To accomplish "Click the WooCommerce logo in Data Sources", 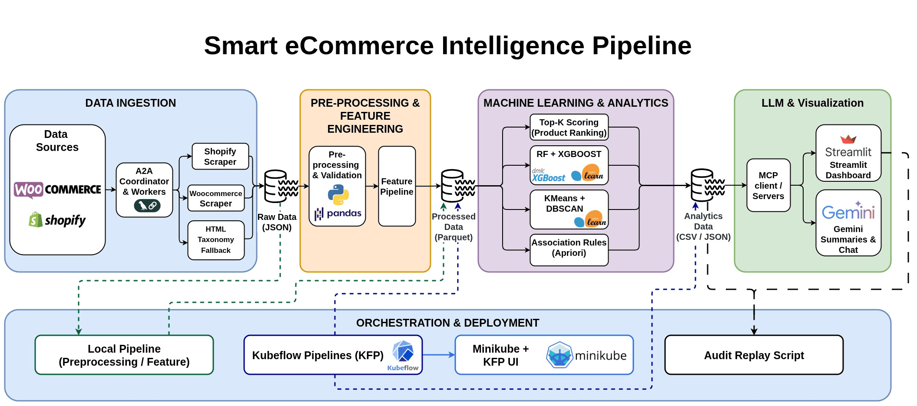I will tap(57, 190).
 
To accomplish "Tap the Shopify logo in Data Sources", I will tap(57, 220).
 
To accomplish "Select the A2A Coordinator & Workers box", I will tap(144, 190).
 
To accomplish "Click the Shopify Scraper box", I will tap(220, 157).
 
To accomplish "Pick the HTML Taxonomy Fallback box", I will tap(215, 240).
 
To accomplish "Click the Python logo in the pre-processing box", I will tap(338, 194).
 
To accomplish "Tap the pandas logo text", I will tap(344, 213).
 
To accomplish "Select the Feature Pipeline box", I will tap(397, 186).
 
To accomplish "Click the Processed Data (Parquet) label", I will tap(453, 227).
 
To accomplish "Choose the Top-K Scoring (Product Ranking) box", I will tap(569, 128).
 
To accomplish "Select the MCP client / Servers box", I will tap(768, 186).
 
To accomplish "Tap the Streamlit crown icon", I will tap(848, 139).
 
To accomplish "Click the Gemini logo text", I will tap(848, 212).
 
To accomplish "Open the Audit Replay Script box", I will tap(754, 355).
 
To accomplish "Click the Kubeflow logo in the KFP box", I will tap(403, 352).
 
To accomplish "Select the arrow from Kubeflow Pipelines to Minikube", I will tap(438, 355).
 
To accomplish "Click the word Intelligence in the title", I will tap(513, 46).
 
